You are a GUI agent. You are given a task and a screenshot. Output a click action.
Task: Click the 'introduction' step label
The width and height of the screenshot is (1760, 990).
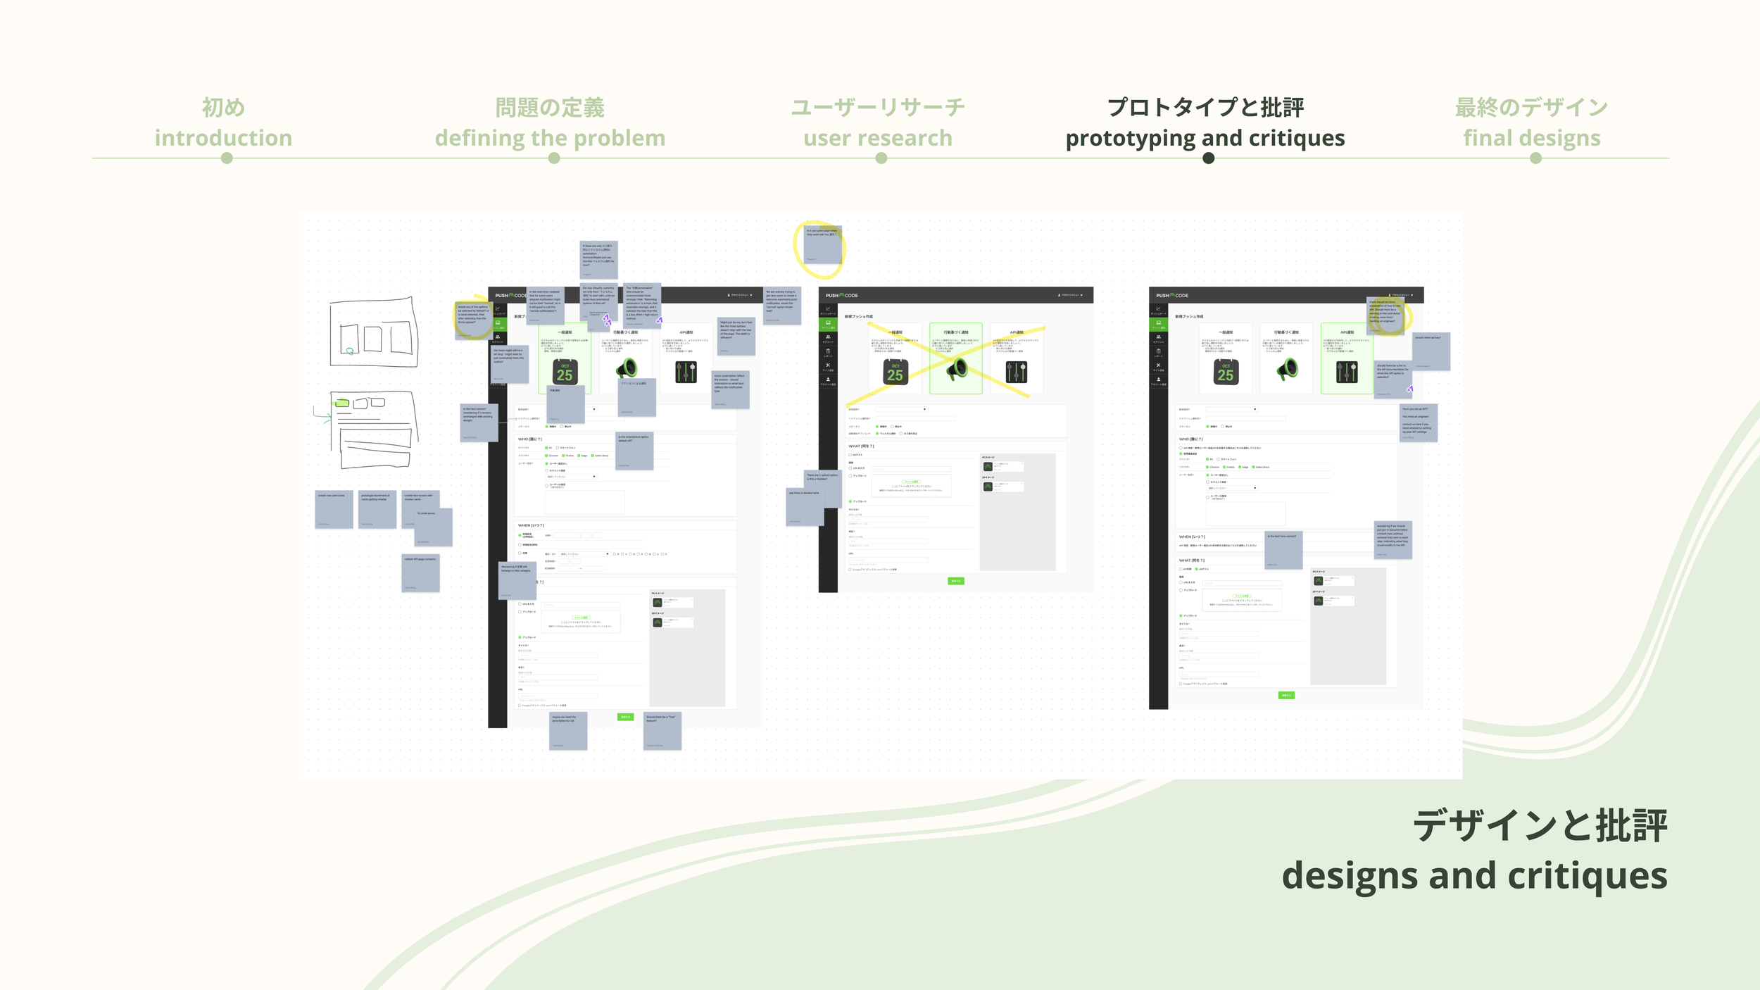click(223, 138)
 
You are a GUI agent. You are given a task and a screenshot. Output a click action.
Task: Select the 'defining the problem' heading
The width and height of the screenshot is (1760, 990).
click(550, 138)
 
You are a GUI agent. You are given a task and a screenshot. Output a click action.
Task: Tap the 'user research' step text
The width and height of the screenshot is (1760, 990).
click(878, 138)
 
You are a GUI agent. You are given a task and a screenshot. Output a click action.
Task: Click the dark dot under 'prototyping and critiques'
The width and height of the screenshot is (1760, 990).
click(1208, 158)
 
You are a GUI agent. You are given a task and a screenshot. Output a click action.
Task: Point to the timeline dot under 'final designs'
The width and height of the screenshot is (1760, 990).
click(1535, 158)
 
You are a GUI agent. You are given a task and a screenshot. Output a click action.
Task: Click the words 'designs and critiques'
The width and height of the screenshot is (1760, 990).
click(1474, 875)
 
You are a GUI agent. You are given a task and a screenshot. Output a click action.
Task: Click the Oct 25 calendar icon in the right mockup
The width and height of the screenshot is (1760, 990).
click(1226, 372)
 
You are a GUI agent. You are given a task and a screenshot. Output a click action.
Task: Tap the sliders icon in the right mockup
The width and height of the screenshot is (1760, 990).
click(1346, 372)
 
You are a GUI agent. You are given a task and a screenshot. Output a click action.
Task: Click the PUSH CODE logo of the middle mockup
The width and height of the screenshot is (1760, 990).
click(841, 296)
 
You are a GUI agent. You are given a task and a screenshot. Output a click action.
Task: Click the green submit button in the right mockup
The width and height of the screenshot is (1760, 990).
click(1286, 695)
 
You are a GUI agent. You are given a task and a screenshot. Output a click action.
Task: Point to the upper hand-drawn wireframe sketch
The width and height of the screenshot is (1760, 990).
click(373, 332)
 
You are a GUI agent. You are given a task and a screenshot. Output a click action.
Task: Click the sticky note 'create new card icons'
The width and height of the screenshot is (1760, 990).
click(334, 509)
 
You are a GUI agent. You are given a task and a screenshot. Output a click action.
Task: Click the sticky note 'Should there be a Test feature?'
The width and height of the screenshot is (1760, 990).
click(662, 731)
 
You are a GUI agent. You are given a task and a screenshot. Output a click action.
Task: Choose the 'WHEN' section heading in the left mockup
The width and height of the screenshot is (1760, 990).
click(531, 525)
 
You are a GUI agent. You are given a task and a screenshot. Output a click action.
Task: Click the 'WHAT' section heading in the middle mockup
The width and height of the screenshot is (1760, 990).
click(861, 446)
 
